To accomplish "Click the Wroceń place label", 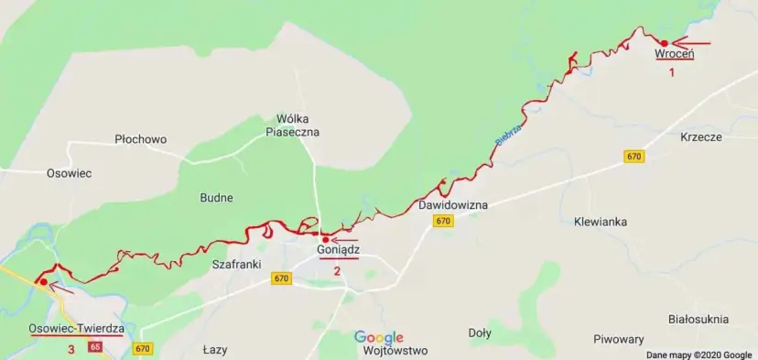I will point(675,55).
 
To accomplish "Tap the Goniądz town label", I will point(338,249).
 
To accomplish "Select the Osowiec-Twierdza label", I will point(76,329).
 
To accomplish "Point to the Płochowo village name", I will point(141,139).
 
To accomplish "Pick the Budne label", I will point(216,197).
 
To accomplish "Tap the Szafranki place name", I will point(236,264).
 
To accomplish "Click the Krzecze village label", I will point(702,136).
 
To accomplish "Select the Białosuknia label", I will point(698,319).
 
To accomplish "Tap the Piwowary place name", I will point(619,339).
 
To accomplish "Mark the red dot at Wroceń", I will point(664,42).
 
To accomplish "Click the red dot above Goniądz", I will point(325,239).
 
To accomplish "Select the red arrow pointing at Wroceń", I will point(691,42).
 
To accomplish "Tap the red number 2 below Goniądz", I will point(337,270).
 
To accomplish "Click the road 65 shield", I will point(95,347).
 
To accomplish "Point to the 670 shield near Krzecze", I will point(634,157).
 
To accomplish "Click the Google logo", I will point(379,337).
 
